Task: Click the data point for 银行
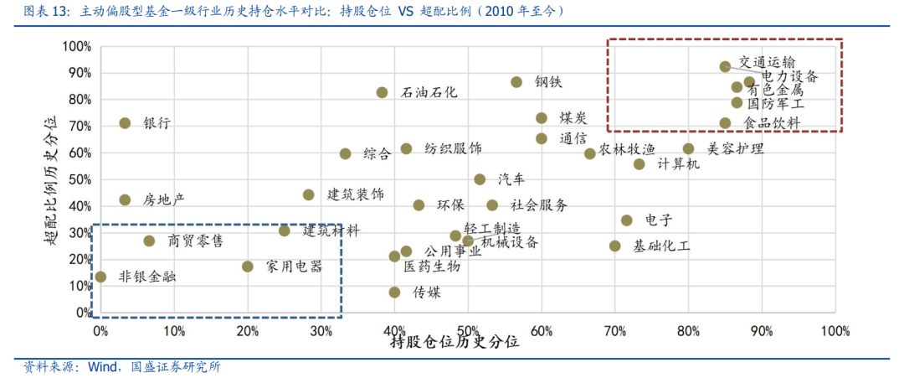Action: pyautogui.click(x=125, y=123)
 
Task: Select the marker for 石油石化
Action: pyautogui.click(x=382, y=92)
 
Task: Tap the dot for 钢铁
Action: pyautogui.click(x=516, y=82)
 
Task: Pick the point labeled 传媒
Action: pyautogui.click(x=394, y=293)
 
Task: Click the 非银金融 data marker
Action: pyautogui.click(x=100, y=277)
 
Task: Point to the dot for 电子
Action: pyautogui.click(x=626, y=220)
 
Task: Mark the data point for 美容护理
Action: pyautogui.click(x=688, y=149)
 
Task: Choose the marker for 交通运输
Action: pyautogui.click(x=725, y=66)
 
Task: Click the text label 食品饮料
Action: pyautogui.click(x=772, y=123)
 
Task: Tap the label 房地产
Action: pyautogui.click(x=163, y=200)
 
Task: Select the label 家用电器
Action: pyautogui.click(x=294, y=267)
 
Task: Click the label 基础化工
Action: pyautogui.click(x=661, y=246)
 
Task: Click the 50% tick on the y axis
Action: pyautogui.click(x=78, y=179)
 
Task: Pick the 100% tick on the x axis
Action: pyautogui.click(x=835, y=331)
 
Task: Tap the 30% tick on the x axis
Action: pyautogui.click(x=321, y=331)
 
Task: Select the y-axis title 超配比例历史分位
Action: pyautogui.click(x=51, y=179)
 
